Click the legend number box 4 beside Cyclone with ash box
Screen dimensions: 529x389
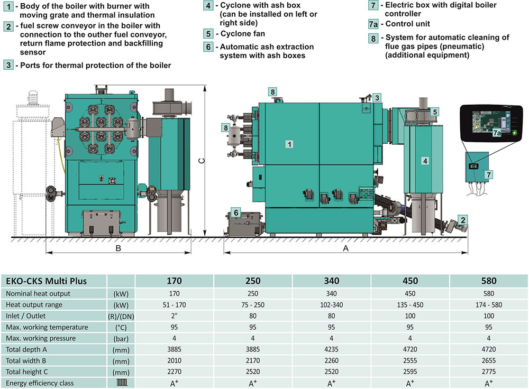coord(208,6)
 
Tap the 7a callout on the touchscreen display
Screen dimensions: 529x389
coord(497,133)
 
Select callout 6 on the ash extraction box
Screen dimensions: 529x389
coord(236,212)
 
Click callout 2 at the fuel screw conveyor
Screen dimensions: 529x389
coord(463,220)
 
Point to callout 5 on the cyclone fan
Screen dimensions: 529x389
coord(435,112)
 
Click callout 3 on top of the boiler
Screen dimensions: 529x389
coord(377,98)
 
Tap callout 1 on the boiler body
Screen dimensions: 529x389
coord(289,144)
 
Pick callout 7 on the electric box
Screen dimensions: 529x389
coord(488,174)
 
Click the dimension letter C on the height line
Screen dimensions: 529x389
coord(202,161)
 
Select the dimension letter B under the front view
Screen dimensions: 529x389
coord(118,248)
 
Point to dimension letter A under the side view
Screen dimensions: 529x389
coord(345,248)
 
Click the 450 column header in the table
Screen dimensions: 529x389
coord(410,281)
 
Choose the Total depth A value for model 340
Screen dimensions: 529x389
coord(331,349)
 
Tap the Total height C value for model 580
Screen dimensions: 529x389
coord(488,372)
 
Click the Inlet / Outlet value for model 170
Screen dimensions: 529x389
coord(174,316)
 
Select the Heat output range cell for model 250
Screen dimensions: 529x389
coord(253,305)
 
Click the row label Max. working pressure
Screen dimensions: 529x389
coord(41,338)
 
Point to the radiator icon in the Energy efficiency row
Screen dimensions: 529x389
coord(122,383)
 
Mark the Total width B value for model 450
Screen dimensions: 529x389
coord(410,360)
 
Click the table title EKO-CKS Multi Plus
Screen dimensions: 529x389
coord(46,281)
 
